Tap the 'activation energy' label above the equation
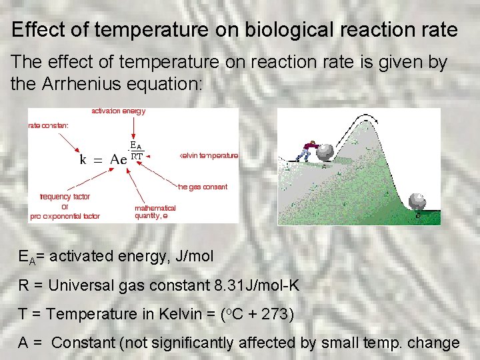coord(118,111)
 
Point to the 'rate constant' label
coord(48,125)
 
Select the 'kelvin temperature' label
coord(209,156)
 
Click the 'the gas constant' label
coord(203,187)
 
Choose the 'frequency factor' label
coord(65,197)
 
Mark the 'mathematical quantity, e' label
coord(155,212)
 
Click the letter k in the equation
coord(83,159)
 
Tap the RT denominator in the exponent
coord(136,156)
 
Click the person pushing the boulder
coord(307,150)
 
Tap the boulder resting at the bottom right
coord(417,201)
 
